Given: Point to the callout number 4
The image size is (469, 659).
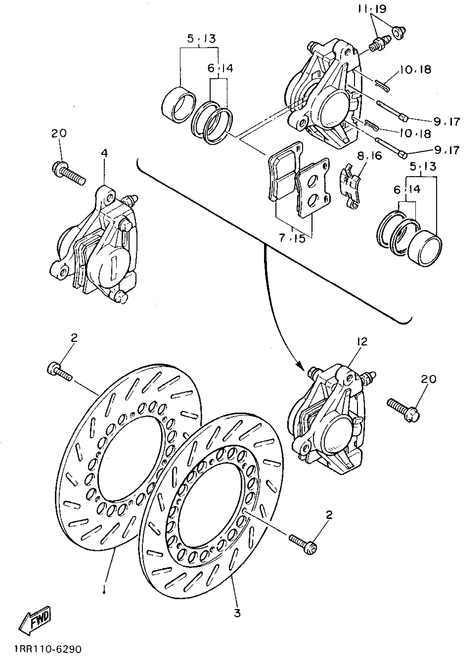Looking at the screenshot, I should click(105, 153).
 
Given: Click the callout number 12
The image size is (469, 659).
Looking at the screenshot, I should click(362, 341).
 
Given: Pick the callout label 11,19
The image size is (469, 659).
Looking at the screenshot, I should click(372, 10).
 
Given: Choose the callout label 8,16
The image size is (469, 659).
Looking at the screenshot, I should click(369, 156).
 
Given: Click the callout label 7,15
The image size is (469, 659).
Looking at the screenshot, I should click(292, 239).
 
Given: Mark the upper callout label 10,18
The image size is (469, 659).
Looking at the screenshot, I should click(415, 70).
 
